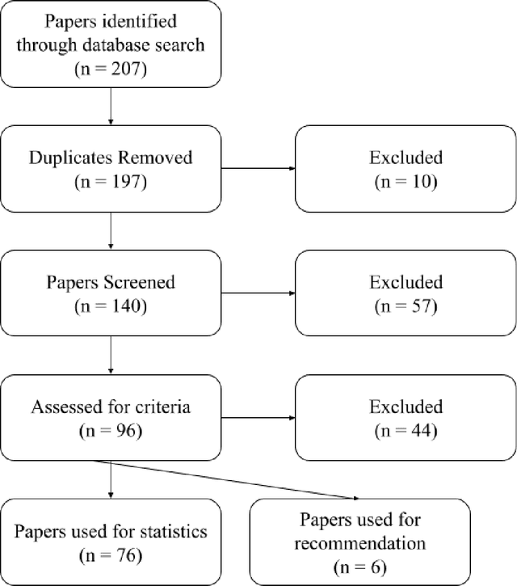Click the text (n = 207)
(110, 70)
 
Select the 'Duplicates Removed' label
(110, 157)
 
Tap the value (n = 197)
(110, 182)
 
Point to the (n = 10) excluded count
(405, 182)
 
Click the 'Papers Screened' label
(110, 282)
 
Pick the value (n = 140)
(110, 307)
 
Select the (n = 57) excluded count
(405, 307)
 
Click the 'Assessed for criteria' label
(110, 407)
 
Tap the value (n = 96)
(110, 432)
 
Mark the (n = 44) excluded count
(405, 432)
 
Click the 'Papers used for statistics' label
(110, 532)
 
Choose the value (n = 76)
(110, 556)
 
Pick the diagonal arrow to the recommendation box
(234, 479)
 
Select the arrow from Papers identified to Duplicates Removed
(110, 108)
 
